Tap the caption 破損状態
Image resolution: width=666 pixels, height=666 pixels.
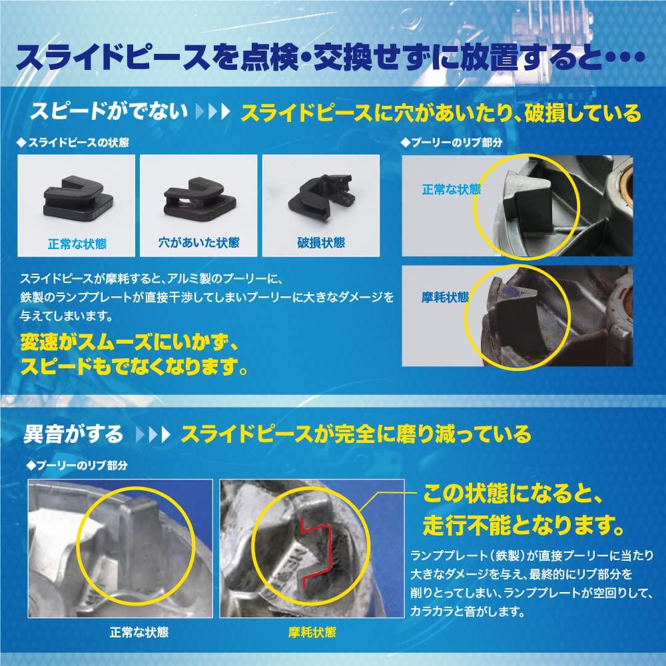point(321,243)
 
